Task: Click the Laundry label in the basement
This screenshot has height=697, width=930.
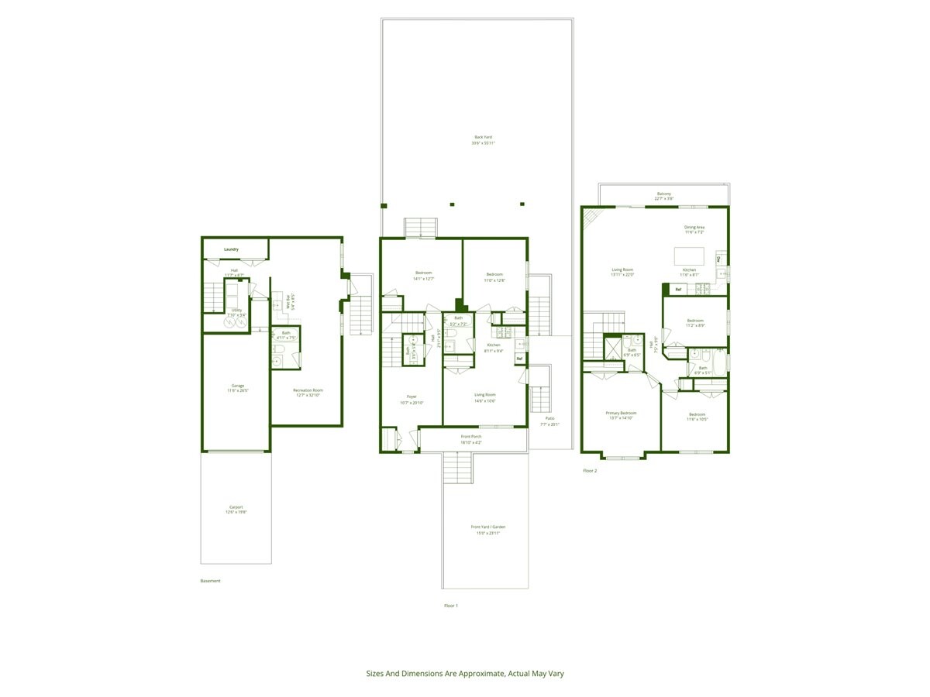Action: pyautogui.click(x=231, y=249)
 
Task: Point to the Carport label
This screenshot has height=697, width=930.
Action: pyautogui.click(x=236, y=507)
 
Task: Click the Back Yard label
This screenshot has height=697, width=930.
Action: pyautogui.click(x=484, y=137)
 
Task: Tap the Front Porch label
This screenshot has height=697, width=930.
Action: pyautogui.click(x=471, y=437)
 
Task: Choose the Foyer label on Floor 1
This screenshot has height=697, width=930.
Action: pyautogui.click(x=412, y=397)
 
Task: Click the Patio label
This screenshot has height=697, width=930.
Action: pyautogui.click(x=549, y=418)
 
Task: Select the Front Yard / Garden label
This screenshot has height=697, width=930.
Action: pyautogui.click(x=487, y=527)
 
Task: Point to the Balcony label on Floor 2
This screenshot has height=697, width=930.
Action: pyautogui.click(x=664, y=194)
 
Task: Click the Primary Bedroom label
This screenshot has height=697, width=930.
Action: pyautogui.click(x=621, y=413)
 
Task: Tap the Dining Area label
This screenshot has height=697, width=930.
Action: pyautogui.click(x=694, y=227)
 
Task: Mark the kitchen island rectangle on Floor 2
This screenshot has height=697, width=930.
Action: pyautogui.click(x=689, y=256)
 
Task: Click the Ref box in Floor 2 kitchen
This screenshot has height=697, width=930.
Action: pyautogui.click(x=678, y=290)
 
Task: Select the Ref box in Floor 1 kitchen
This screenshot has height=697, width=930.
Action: pyautogui.click(x=519, y=359)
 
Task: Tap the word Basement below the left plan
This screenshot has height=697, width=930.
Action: pyautogui.click(x=210, y=581)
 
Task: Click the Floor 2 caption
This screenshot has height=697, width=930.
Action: pyautogui.click(x=590, y=470)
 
